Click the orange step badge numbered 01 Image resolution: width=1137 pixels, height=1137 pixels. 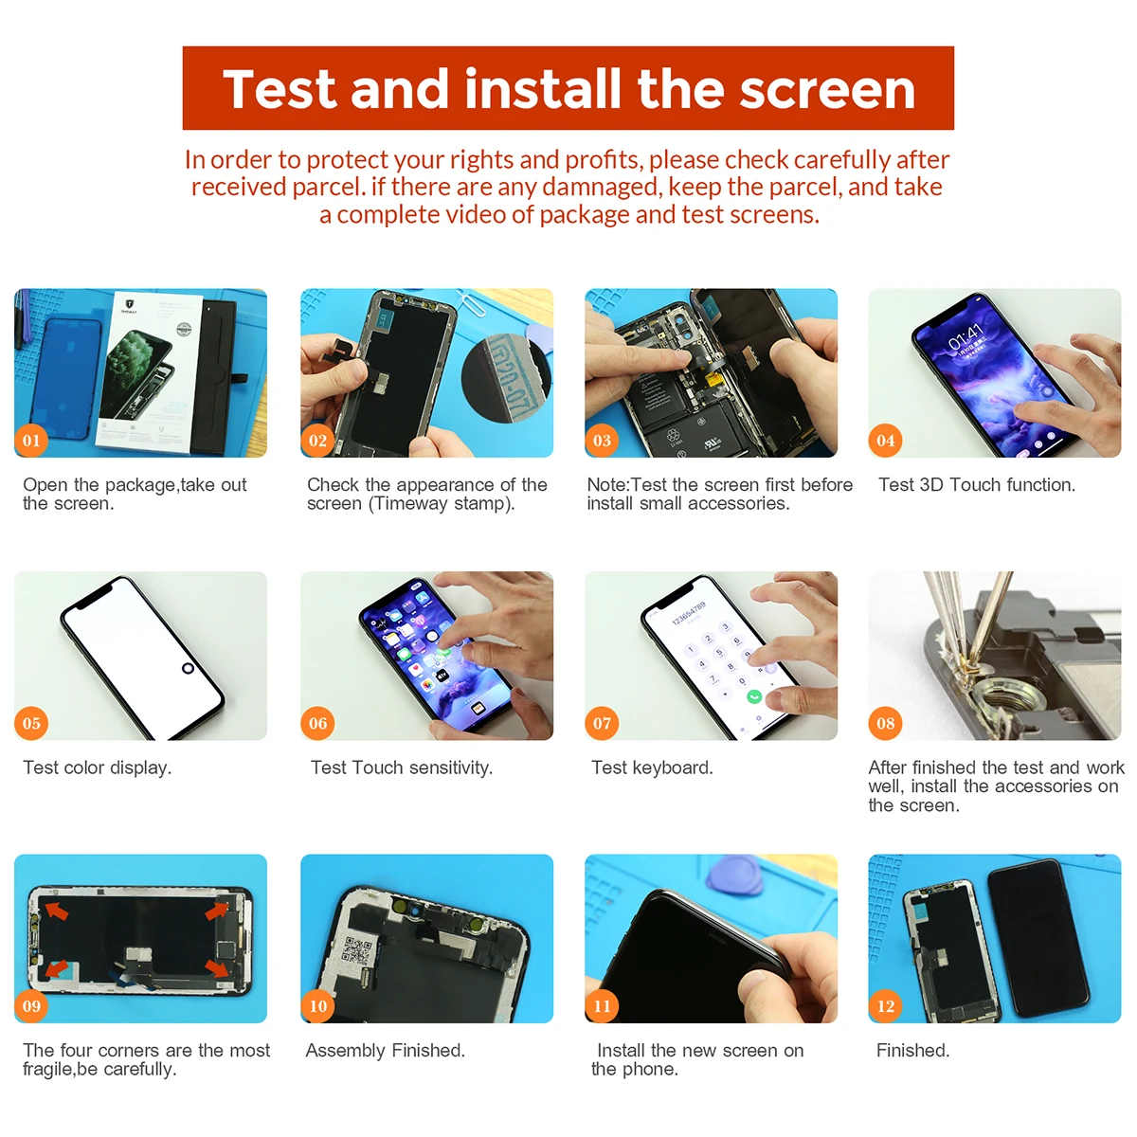pyautogui.click(x=31, y=441)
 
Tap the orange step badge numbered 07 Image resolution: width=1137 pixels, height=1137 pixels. pyautogui.click(x=602, y=723)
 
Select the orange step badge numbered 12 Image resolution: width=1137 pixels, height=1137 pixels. pyautogui.click(x=885, y=1005)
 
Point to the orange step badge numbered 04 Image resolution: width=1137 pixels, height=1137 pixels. pyautogui.click(x=885, y=441)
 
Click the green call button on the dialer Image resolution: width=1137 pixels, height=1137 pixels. pyautogui.click(x=753, y=696)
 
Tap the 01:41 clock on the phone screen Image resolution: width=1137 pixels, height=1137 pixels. pyautogui.click(x=966, y=336)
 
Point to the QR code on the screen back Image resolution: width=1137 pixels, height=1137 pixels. pyautogui.click(x=357, y=950)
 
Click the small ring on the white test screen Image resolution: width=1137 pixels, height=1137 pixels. pyautogui.click(x=188, y=668)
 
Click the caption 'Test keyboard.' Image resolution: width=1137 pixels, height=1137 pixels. pyautogui.click(x=652, y=767)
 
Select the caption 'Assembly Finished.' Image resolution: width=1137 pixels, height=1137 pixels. pyautogui.click(x=386, y=1050)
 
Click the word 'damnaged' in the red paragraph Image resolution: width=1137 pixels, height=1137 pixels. pyautogui.click(x=600, y=187)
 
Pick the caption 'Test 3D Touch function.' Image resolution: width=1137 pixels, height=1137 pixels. pyautogui.click(x=977, y=484)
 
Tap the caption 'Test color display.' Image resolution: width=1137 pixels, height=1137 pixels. pyautogui.click(x=98, y=767)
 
